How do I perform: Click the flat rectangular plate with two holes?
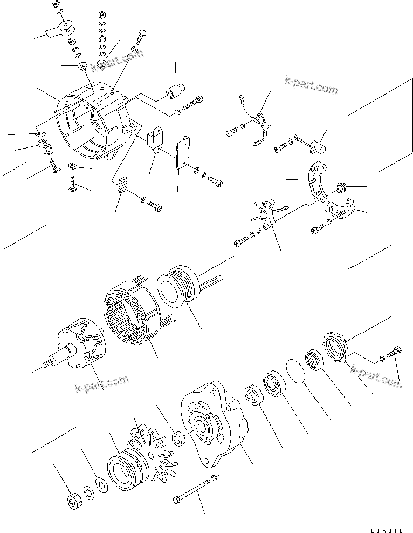click(x=184, y=152)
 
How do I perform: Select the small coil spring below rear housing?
click(x=122, y=186)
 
